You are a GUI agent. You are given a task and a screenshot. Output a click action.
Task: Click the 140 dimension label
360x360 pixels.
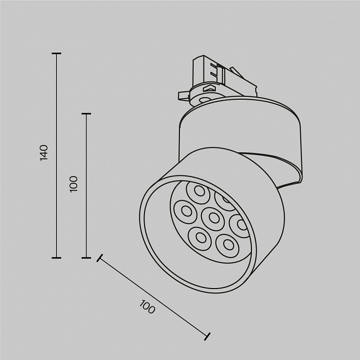click(x=44, y=153)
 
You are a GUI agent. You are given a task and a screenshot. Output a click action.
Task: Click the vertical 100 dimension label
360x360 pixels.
click(x=73, y=184)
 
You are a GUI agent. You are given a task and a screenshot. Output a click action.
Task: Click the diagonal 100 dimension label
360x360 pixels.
click(x=147, y=306)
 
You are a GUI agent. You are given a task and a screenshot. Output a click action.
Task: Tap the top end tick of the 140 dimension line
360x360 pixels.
click(x=56, y=54)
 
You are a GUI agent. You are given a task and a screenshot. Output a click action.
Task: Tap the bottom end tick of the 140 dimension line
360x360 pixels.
click(x=56, y=258)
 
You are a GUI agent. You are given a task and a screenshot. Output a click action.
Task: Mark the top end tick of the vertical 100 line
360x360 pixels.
click(x=86, y=113)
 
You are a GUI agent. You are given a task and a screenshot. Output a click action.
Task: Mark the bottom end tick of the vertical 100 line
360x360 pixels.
click(x=86, y=258)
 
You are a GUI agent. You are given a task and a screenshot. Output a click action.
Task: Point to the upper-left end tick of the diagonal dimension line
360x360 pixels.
click(x=100, y=258)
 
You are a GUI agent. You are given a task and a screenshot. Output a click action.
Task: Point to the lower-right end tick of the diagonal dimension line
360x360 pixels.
click(x=207, y=336)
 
